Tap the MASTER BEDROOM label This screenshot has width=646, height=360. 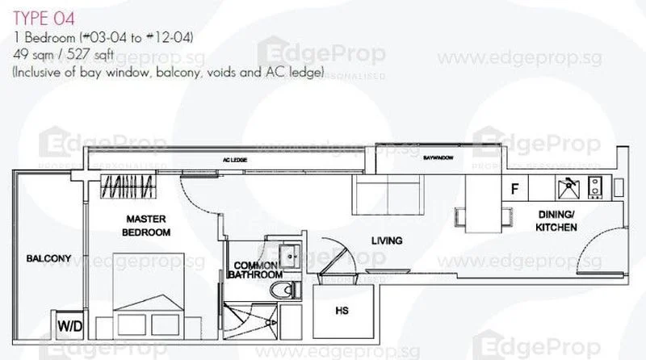point(146,225)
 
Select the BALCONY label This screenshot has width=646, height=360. point(48,259)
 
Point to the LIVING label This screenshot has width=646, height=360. point(386,241)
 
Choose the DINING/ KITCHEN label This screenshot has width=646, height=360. point(556,221)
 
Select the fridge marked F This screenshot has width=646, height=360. point(514,190)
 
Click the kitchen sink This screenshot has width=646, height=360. point(568,188)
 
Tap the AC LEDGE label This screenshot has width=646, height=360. point(233,161)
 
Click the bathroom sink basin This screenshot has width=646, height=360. point(286,252)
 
